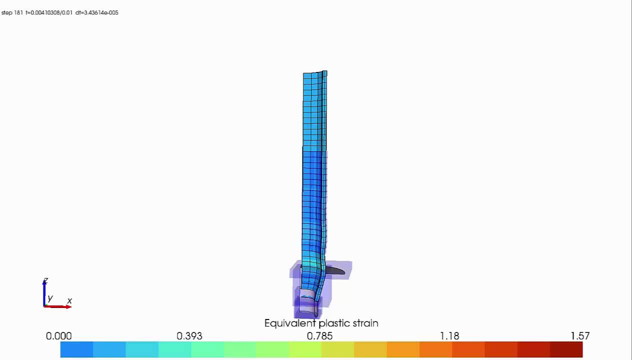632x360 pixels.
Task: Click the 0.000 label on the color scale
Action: pos(58,336)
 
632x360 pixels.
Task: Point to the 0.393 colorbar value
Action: pos(189,336)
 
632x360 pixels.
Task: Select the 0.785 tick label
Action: pos(319,336)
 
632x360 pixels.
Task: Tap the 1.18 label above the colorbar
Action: pos(449,336)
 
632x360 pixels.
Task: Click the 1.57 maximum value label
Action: pos(580,336)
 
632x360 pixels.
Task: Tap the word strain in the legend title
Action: pos(365,323)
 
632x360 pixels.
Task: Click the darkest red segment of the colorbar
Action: pos(566,349)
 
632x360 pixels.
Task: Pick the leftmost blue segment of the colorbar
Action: pos(76,349)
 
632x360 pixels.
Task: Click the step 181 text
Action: pos(12,12)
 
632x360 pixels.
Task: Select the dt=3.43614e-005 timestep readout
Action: pos(97,12)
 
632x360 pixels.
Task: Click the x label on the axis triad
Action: pos(69,301)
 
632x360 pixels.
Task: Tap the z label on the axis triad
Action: pos(45,281)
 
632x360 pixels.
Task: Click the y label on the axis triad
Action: pos(50,298)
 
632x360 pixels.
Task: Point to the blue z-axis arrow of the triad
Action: pos(44,292)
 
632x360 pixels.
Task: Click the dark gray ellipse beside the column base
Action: pos(334,270)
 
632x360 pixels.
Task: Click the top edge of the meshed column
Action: pos(314,73)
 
